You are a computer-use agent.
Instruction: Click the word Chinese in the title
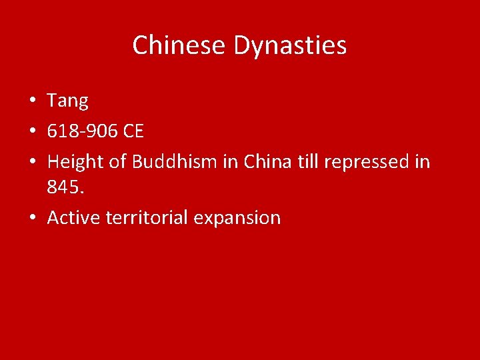pyautogui.click(x=180, y=45)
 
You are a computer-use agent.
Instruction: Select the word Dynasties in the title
pyautogui.click(x=291, y=45)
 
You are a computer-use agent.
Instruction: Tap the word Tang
pyautogui.click(x=67, y=101)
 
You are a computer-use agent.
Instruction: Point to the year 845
pyautogui.click(x=63, y=189)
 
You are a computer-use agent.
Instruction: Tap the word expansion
pyautogui.click(x=237, y=218)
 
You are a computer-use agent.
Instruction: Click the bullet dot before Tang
pyautogui.click(x=32, y=102)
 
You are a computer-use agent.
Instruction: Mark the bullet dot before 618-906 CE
pyautogui.click(x=32, y=131)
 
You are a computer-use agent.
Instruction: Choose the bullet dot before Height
pyautogui.click(x=32, y=161)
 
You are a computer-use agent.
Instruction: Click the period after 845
pyautogui.click(x=83, y=194)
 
